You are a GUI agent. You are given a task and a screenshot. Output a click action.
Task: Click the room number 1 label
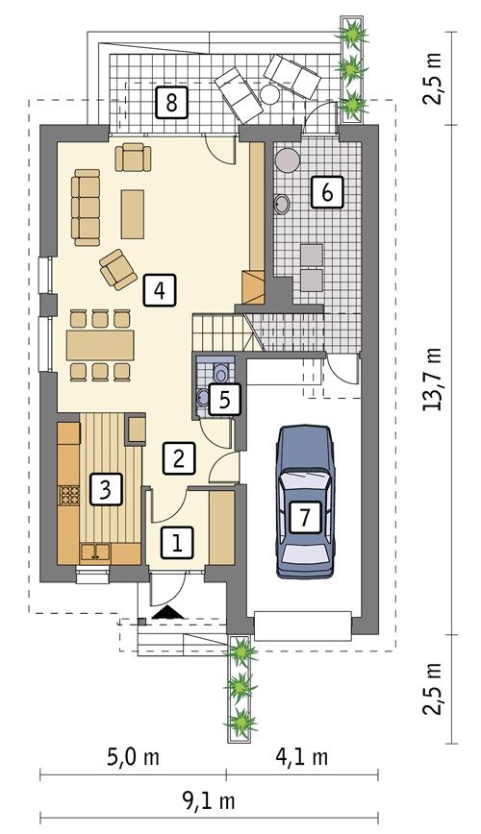click(175, 543)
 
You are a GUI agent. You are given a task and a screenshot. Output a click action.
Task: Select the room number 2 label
click(175, 458)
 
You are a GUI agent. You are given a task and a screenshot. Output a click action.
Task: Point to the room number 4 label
click(159, 289)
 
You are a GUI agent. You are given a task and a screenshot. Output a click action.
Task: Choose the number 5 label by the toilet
click(222, 400)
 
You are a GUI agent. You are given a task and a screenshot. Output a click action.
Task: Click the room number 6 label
click(326, 192)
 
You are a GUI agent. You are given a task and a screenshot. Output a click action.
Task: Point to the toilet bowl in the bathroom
click(221, 371)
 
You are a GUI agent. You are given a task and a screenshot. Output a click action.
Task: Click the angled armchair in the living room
click(118, 268)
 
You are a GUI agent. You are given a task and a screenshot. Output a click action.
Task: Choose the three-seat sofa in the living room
click(87, 205)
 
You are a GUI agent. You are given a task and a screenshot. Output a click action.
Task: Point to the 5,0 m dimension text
click(134, 757)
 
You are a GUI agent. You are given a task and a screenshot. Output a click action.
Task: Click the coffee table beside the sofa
click(133, 213)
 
